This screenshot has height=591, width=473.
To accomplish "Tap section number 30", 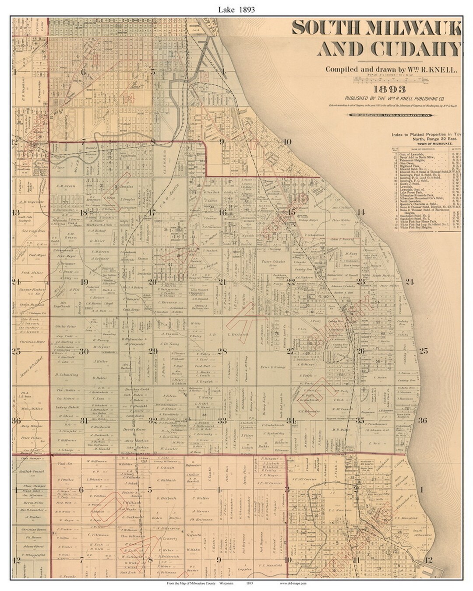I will pyautogui.click(x=84, y=351).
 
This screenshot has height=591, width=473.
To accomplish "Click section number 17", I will pyautogui.click(x=152, y=213).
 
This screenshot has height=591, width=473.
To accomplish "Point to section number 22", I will pyautogui.click(x=291, y=282).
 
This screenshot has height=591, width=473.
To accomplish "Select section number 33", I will pyautogui.click(x=222, y=421).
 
